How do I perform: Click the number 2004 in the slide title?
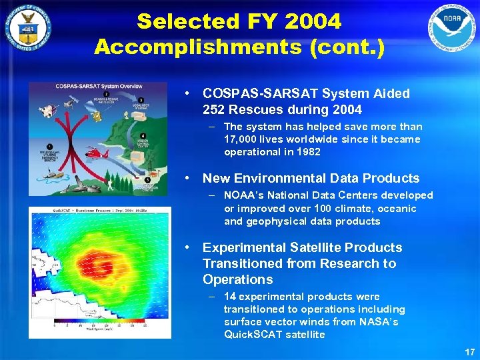click(313, 21)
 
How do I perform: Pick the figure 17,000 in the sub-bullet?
click(245, 139)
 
